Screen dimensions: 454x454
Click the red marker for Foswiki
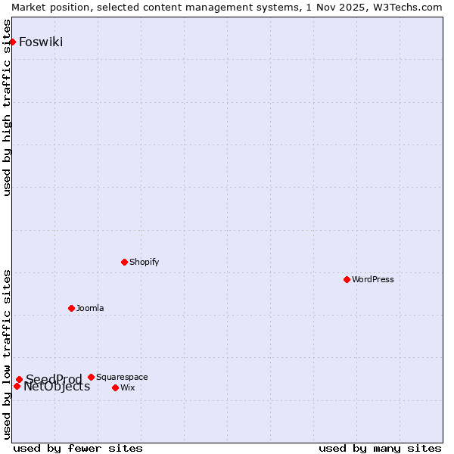[13, 42]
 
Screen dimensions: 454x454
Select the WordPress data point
[347, 279]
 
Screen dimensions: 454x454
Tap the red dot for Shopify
[124, 262]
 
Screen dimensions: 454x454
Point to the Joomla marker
[71, 308]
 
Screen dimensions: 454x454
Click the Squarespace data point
[91, 377]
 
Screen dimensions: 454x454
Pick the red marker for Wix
[115, 387]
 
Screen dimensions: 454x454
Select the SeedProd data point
[19, 379]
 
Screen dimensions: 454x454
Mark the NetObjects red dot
[17, 386]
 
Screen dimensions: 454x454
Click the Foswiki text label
[41, 42]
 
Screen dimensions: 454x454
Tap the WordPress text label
[373, 279]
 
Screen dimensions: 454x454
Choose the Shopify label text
[144, 262]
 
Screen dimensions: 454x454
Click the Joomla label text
[90, 308]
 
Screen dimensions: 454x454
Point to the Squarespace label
[122, 377]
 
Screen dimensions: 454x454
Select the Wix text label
[128, 387]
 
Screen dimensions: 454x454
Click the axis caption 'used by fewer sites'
[78, 448]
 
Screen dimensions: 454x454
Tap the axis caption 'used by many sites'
[380, 448]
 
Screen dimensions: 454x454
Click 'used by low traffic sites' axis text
[8, 353]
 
